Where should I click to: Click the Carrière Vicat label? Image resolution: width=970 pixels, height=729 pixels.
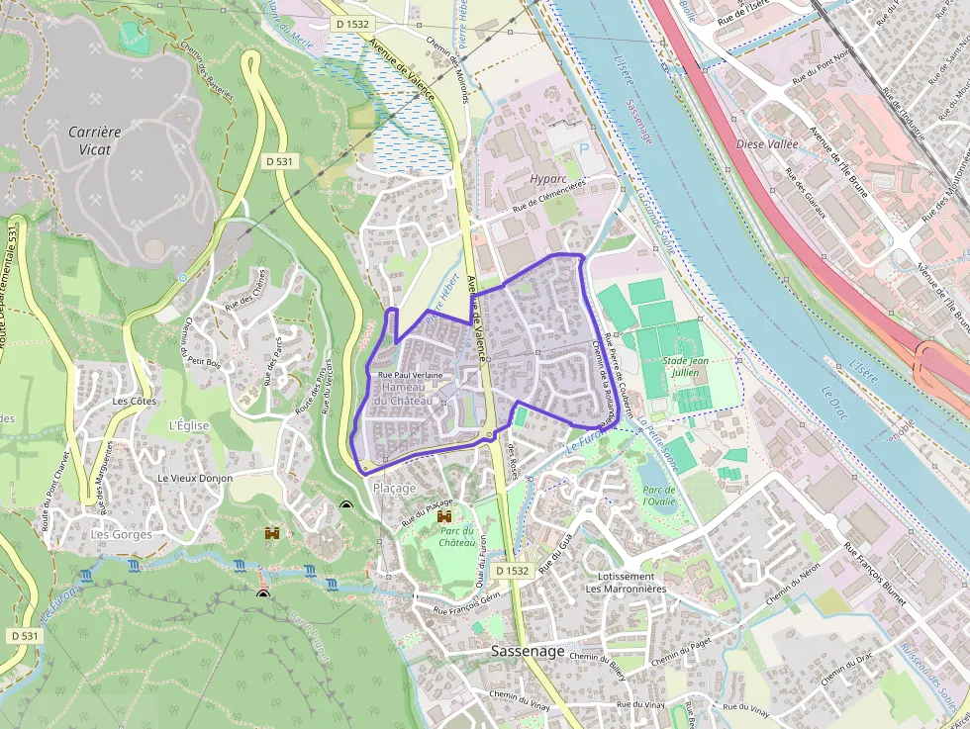click(x=95, y=140)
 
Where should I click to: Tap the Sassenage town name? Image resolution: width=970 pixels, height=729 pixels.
click(x=528, y=651)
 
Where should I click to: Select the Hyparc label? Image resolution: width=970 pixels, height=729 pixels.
click(x=547, y=178)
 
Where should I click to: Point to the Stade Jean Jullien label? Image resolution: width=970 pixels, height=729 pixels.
click(x=685, y=367)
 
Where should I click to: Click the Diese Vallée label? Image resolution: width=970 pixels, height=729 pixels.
click(x=767, y=143)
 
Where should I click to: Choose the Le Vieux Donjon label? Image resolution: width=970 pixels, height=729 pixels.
click(x=195, y=478)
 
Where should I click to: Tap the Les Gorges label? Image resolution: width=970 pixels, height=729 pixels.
click(x=121, y=534)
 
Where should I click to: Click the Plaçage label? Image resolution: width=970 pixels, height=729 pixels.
click(x=394, y=488)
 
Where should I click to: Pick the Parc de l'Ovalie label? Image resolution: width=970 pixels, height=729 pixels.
click(x=658, y=496)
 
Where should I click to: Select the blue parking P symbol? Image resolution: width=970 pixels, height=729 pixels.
click(x=582, y=149)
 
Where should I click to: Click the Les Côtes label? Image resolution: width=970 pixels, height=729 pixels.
click(x=135, y=402)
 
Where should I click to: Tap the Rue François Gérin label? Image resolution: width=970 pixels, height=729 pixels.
click(x=466, y=603)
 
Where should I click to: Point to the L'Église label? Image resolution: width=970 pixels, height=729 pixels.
click(x=188, y=425)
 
